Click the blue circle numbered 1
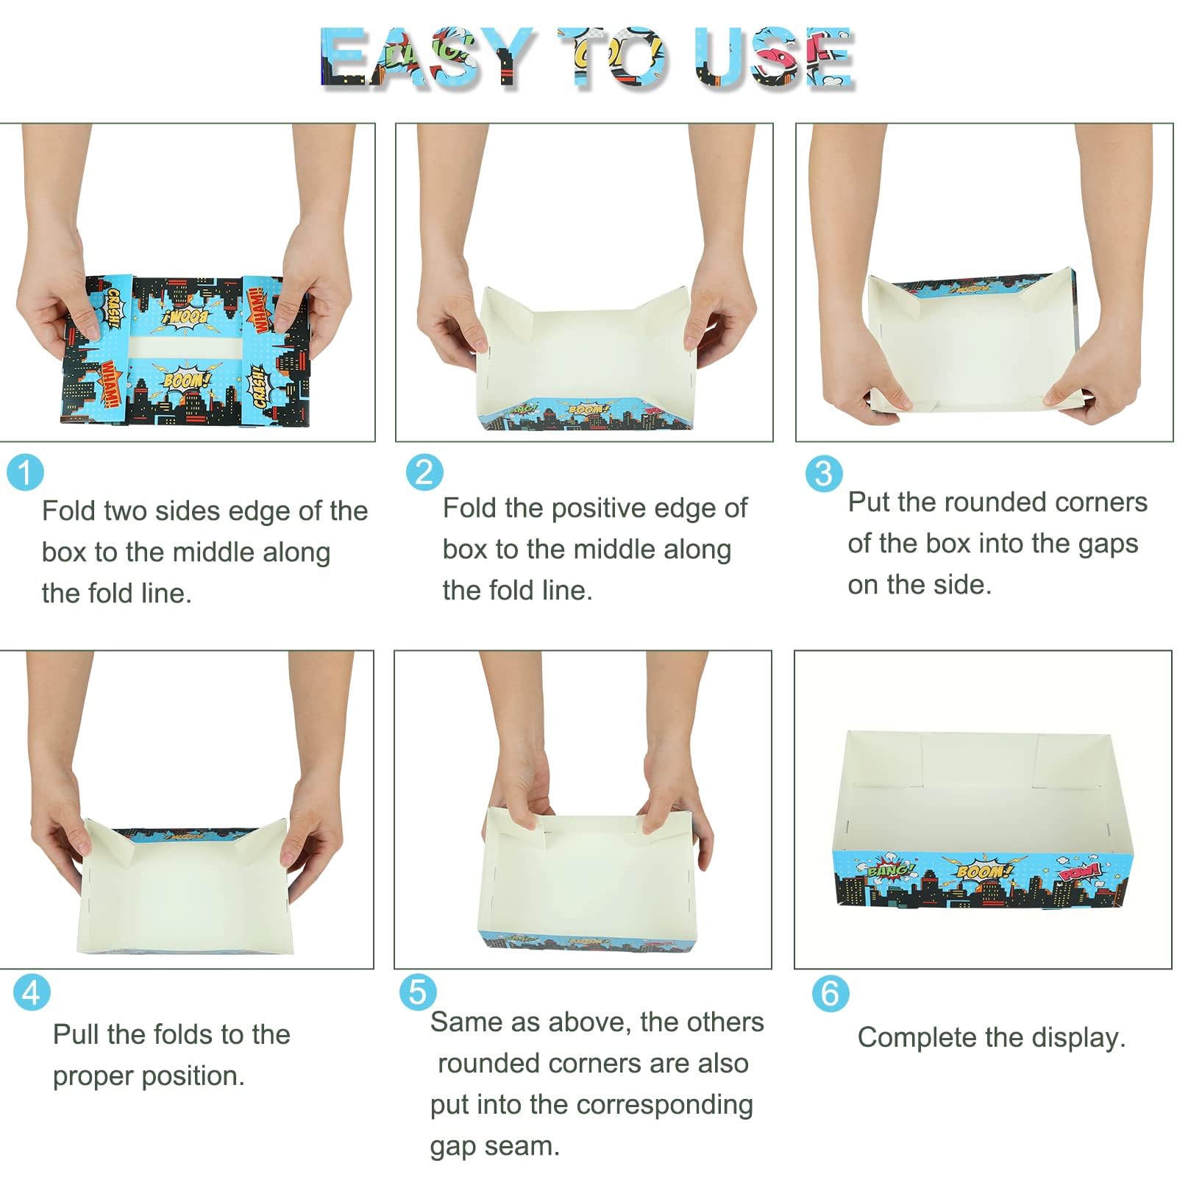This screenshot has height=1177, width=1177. (x=26, y=472)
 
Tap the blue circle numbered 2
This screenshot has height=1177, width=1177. (x=425, y=472)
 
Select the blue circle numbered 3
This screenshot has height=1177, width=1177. (x=824, y=473)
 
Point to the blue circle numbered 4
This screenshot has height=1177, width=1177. (x=32, y=992)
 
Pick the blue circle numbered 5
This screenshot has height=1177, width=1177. (x=418, y=992)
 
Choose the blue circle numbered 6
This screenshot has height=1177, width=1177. (x=831, y=993)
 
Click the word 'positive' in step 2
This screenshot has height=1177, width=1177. (x=598, y=509)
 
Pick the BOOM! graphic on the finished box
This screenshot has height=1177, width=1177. (x=984, y=871)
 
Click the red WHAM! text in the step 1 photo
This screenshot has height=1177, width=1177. (x=109, y=385)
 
